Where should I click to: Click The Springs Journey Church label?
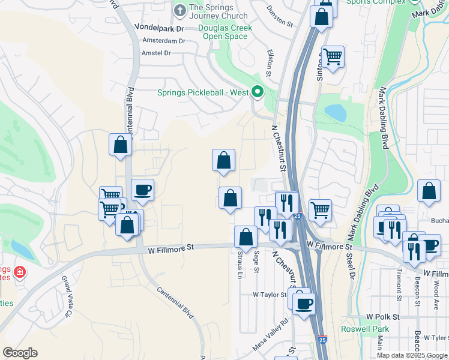tap(209, 11)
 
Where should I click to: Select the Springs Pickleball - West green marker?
tap(258, 92)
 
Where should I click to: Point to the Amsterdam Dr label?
tap(164, 41)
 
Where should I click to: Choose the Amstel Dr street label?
tap(156, 53)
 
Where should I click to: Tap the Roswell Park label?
tap(365, 329)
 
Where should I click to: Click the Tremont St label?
tap(399, 283)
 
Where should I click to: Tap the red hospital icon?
tap(20, 272)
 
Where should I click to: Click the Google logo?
tap(20, 353)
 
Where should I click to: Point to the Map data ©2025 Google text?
tap(411, 355)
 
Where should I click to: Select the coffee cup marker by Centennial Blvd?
tap(142, 190)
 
